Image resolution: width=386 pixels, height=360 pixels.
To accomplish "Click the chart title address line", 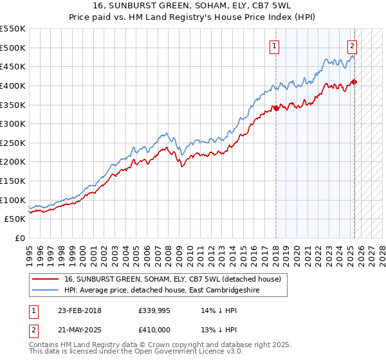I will (x=193, y=7).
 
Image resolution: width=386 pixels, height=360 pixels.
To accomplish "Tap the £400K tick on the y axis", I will (x=13, y=85).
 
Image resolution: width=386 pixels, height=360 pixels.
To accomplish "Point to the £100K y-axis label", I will (x=13, y=200).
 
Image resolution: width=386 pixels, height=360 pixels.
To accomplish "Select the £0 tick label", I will (x=19, y=238).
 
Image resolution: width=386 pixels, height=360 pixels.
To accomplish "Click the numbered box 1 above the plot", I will (x=275, y=46).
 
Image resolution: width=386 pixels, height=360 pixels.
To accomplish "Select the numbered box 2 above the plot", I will (x=353, y=46).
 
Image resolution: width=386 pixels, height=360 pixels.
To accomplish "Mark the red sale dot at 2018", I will (x=276, y=108).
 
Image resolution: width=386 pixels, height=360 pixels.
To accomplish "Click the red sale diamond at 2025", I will (x=354, y=82).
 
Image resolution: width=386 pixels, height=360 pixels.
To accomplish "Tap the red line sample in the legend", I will (x=46, y=279).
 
